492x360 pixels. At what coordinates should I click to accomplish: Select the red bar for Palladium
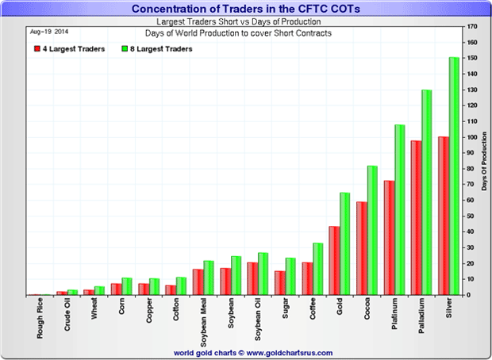[416, 217]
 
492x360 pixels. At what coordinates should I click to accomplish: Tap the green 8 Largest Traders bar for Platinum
[399, 209]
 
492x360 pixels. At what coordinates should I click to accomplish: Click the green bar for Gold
[344, 243]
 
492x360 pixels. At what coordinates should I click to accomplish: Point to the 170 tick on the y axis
[473, 27]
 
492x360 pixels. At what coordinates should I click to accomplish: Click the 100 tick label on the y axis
[473, 137]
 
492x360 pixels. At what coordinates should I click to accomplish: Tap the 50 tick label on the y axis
[471, 216]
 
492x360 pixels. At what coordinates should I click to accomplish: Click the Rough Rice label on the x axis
[40, 318]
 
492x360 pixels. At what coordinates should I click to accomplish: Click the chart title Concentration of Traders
[245, 8]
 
